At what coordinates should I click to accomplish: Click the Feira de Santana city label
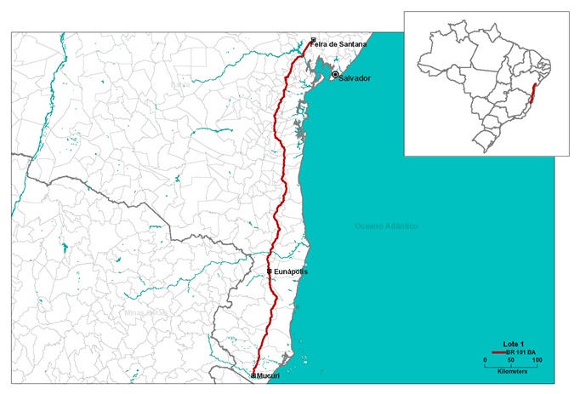341,44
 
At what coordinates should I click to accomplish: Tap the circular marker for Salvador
335,75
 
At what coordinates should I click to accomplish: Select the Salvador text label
355,78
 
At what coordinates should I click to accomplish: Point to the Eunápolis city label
291,271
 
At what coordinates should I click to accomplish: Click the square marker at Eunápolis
269,271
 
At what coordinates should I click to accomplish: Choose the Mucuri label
268,375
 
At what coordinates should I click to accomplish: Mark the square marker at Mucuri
253,375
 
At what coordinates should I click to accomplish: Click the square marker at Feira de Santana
314,39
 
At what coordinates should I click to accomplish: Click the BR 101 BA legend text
520,351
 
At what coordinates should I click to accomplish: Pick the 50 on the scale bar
510,360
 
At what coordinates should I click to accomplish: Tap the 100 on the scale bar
536,360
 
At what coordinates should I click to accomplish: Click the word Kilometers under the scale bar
510,372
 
